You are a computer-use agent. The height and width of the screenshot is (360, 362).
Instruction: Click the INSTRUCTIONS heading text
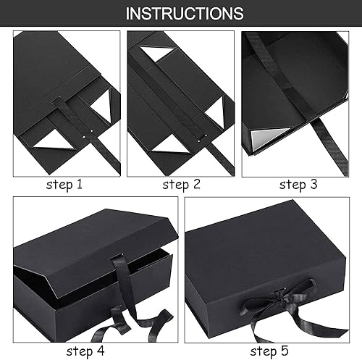[x=185, y=13]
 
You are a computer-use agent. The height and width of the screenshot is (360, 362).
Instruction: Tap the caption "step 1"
[x=64, y=185]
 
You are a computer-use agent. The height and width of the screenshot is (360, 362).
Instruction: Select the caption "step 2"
[x=181, y=185]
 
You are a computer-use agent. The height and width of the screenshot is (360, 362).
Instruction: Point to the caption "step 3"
[x=298, y=185]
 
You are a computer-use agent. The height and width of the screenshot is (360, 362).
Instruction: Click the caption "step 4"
[x=85, y=351]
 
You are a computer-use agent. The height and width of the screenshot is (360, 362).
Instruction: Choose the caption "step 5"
[x=269, y=351]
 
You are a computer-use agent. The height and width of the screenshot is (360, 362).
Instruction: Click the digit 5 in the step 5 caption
[x=285, y=351]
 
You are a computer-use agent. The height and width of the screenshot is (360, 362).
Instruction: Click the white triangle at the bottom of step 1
[x=54, y=141]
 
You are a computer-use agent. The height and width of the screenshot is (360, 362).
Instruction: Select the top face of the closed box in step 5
[x=263, y=244]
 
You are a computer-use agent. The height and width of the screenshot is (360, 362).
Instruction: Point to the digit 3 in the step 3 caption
[x=313, y=184]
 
